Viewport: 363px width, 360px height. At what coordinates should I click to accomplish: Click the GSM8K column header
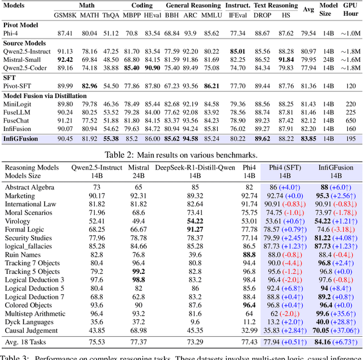tap(65, 16)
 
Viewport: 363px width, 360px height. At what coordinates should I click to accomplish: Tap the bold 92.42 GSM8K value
tap(65, 59)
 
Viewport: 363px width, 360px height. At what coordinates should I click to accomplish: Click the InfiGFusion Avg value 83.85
tap(309, 138)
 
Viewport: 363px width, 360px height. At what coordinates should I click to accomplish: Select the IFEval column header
tap(239, 16)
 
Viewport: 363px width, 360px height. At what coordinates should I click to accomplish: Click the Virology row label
tap(18, 220)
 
